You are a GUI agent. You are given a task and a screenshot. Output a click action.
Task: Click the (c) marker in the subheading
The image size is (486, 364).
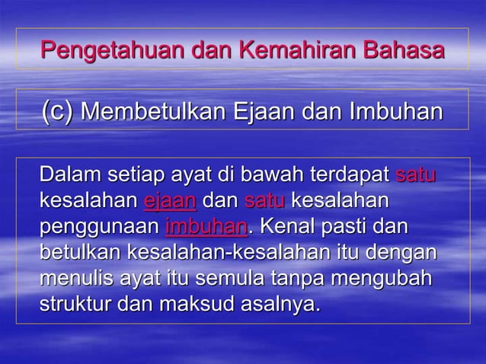click(x=58, y=111)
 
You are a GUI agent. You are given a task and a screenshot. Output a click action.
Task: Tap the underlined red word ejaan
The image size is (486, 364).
click(x=170, y=202)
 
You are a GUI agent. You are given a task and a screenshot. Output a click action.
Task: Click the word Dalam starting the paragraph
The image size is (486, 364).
click(x=67, y=176)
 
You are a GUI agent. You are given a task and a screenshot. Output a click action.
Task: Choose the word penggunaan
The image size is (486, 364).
click(x=99, y=228)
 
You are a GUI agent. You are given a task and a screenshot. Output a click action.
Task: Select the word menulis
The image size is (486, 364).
click(x=75, y=279)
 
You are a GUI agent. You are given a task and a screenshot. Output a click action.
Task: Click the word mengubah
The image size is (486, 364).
click(x=395, y=279)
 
